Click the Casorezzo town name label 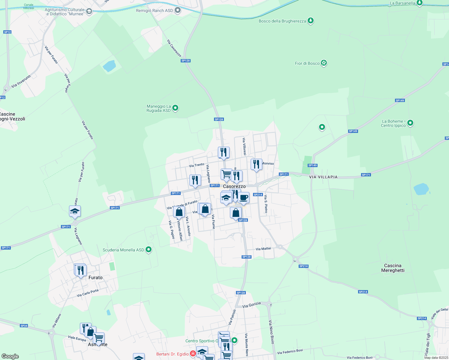click(x=234, y=186)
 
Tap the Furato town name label click(x=95, y=277)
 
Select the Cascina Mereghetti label click(x=393, y=268)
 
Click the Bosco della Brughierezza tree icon click(x=311, y=21)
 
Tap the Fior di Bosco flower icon click(x=324, y=63)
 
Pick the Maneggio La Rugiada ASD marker click(x=176, y=108)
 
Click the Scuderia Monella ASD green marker click(x=148, y=250)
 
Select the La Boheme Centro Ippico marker click(x=410, y=123)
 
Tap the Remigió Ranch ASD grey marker click(x=178, y=10)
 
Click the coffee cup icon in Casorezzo click(x=243, y=198)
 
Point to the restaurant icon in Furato click(x=80, y=270)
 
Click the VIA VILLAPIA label click(x=323, y=177)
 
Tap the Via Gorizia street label click(x=252, y=305)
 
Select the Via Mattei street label click(x=263, y=249)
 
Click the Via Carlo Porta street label click(x=88, y=293)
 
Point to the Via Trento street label click(x=197, y=165)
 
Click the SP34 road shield click(x=24, y=325)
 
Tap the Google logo click(x=10, y=356)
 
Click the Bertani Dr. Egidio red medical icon click(x=193, y=354)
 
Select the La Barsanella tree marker click(x=420, y=3)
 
